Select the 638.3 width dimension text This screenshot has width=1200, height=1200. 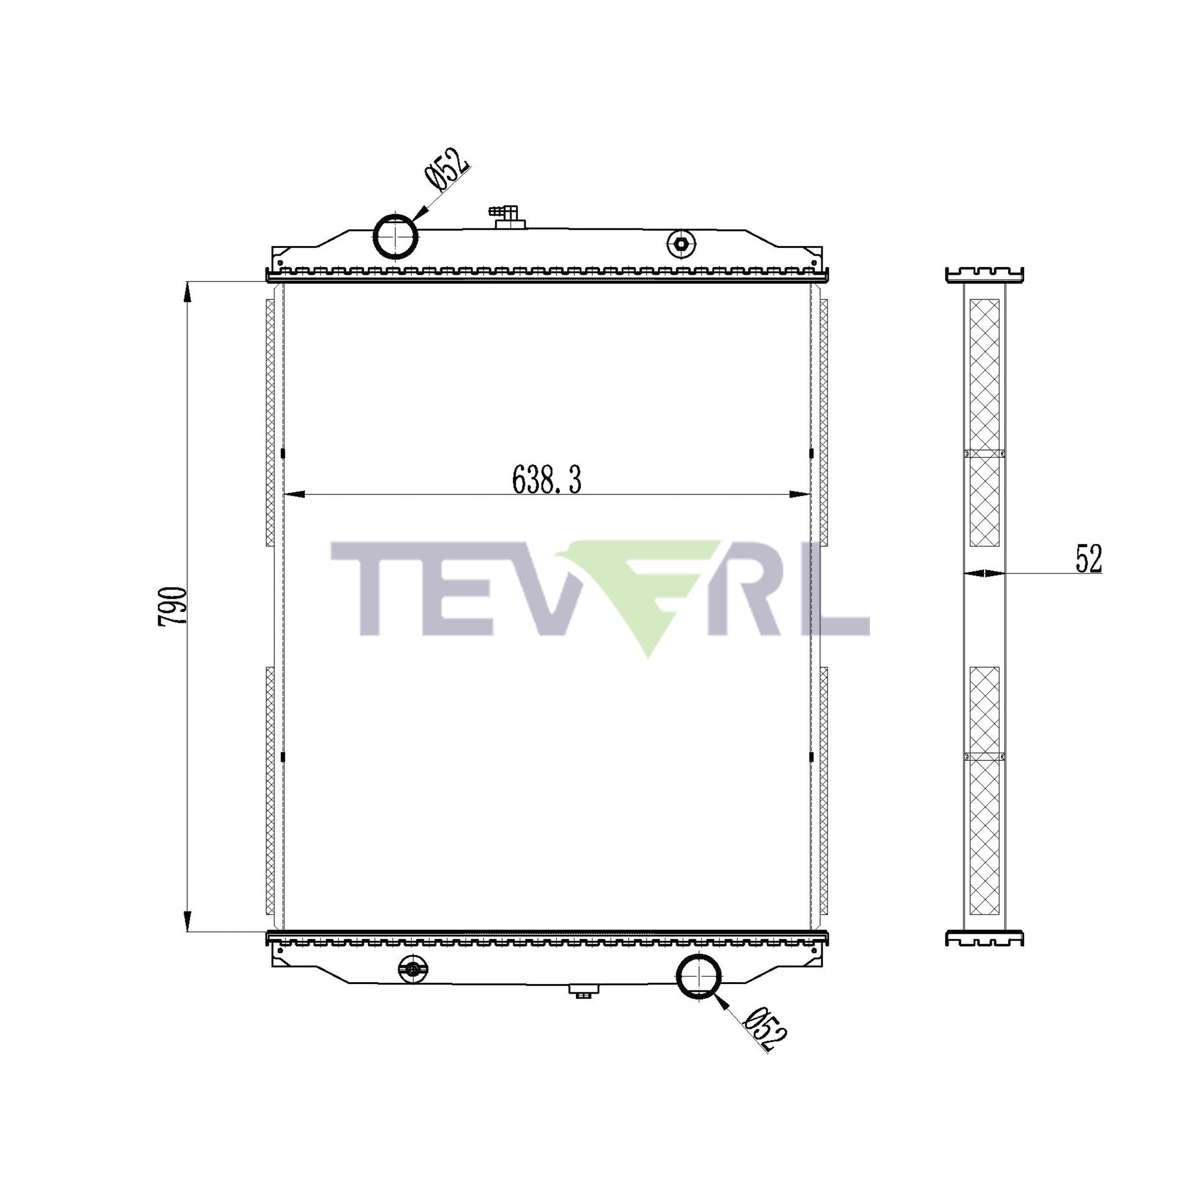547,480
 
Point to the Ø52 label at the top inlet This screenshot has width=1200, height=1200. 447,169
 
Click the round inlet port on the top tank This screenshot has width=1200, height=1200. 395,236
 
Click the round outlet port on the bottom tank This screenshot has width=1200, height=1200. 699,976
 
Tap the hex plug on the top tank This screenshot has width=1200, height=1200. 681,244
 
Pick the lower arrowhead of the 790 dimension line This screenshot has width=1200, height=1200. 188,920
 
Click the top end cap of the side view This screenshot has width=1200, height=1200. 985,275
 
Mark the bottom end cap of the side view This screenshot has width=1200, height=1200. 985,938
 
